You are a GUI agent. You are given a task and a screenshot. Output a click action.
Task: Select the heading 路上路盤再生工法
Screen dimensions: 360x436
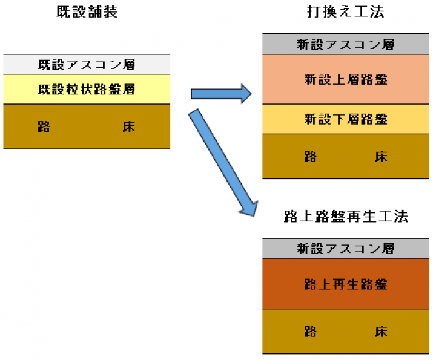(x=346, y=217)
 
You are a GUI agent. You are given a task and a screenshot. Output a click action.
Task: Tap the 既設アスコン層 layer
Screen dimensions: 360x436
(x=87, y=64)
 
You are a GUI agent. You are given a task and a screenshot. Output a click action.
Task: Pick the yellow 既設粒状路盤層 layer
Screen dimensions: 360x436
(x=87, y=89)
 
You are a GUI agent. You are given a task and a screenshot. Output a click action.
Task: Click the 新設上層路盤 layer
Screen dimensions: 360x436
(x=346, y=79)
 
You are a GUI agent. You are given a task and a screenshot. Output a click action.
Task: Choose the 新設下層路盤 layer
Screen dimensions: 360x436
(x=346, y=119)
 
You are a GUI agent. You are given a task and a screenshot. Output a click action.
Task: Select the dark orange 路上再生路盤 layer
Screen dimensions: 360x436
(x=346, y=284)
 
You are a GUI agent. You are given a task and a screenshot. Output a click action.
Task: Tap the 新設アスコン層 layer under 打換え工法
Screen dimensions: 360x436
(x=346, y=44)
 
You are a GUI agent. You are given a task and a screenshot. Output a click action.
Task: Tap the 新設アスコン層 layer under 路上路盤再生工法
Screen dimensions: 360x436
(x=346, y=248)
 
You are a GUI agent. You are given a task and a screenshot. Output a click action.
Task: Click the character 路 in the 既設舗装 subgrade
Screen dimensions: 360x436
(x=43, y=126)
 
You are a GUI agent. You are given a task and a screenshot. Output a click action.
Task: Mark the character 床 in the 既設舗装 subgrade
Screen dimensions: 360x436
(x=128, y=126)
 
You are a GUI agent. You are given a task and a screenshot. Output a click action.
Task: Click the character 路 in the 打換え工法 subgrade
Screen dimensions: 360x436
(x=311, y=157)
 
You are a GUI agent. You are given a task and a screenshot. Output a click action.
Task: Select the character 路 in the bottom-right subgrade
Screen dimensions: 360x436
(x=311, y=332)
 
